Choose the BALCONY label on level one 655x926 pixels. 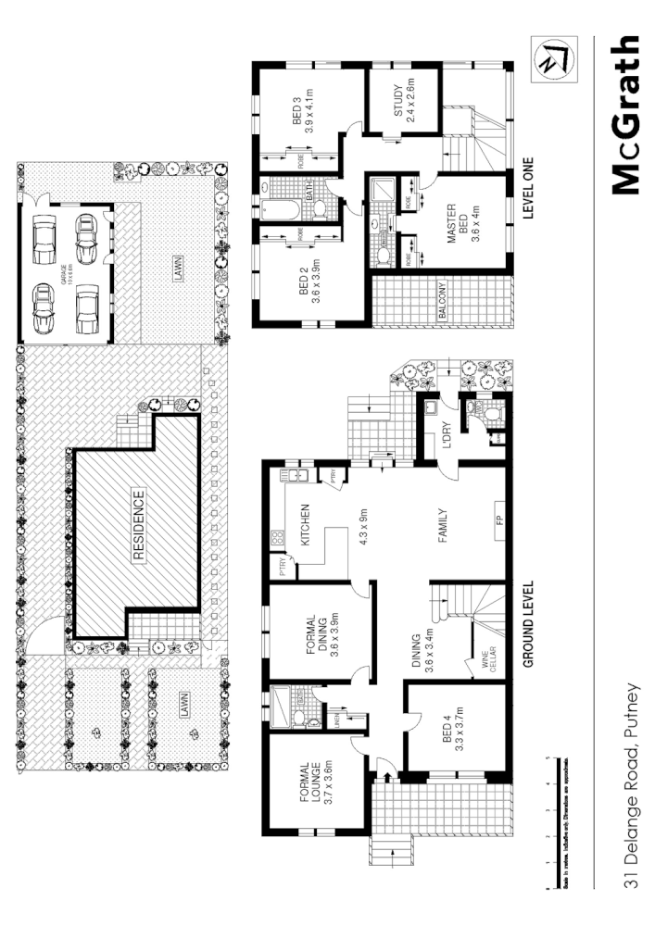[445, 301]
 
